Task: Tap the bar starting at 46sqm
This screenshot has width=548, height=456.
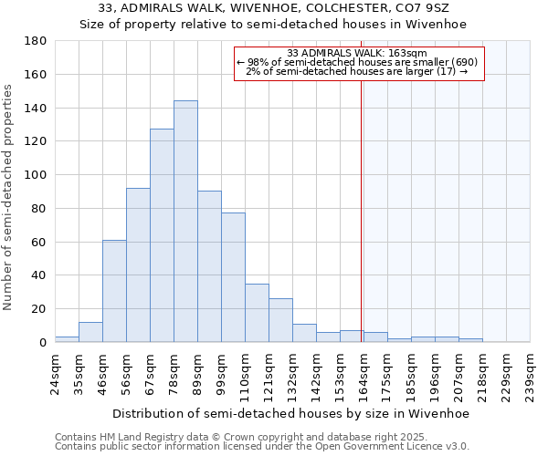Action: (x=114, y=291)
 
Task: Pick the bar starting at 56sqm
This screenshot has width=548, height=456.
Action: (x=138, y=264)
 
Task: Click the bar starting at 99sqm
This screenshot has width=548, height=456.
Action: (x=233, y=277)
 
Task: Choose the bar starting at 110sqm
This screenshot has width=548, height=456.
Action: (x=257, y=313)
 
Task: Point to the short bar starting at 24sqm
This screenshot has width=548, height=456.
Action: (x=67, y=339)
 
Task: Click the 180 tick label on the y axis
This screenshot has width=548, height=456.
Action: (x=36, y=41)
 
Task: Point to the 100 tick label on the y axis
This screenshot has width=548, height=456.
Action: (x=36, y=175)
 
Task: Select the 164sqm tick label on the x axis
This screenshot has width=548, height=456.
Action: (x=364, y=374)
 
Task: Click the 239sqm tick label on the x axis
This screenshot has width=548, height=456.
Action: (x=530, y=374)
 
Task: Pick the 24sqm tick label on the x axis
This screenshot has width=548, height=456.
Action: (x=55, y=374)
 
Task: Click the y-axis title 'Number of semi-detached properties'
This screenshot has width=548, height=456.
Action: (x=9, y=197)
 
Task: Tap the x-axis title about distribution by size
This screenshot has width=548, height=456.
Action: (x=290, y=414)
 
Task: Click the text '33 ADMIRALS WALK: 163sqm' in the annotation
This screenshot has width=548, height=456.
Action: (x=356, y=53)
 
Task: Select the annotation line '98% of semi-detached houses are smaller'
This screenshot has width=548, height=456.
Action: (x=356, y=62)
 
